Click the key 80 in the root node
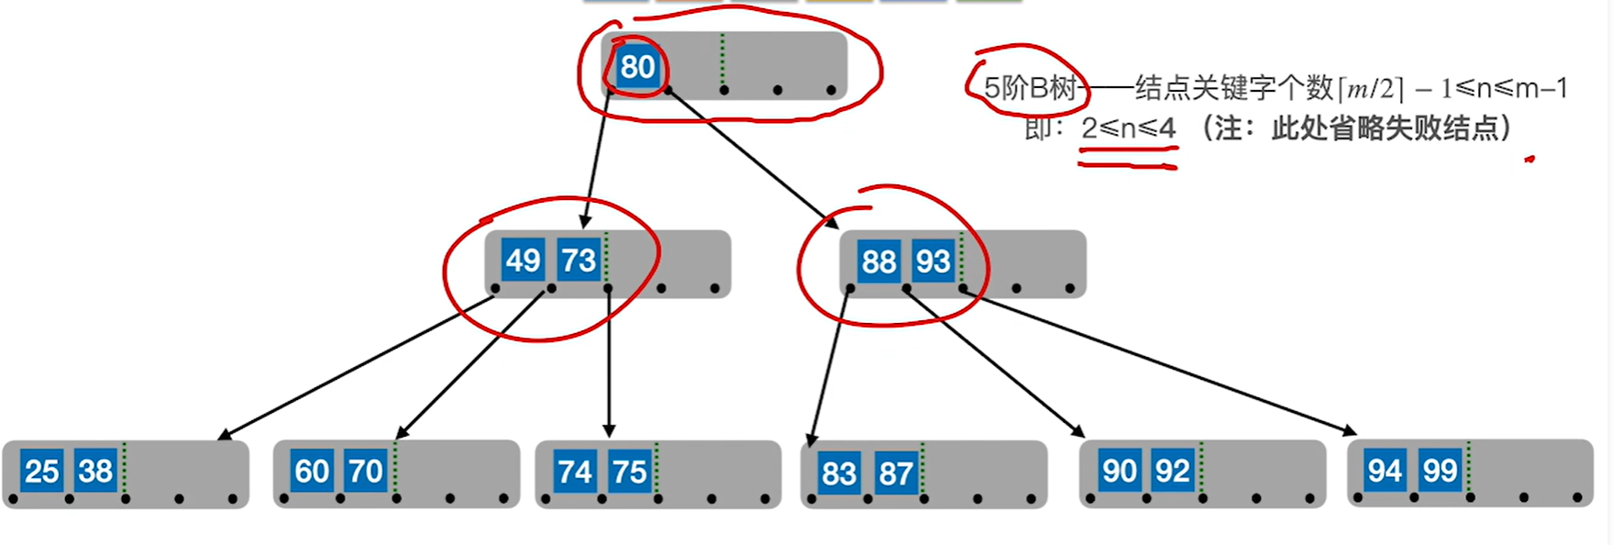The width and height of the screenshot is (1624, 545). point(637,67)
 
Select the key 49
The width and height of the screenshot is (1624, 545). point(523,261)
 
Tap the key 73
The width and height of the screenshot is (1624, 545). point(579,261)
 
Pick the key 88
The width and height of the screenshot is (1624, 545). point(878,261)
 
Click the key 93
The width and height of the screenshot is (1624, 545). point(933,261)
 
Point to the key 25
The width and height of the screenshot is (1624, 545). point(41,471)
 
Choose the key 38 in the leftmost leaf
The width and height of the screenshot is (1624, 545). point(95,471)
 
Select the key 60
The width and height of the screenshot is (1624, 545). point(312,471)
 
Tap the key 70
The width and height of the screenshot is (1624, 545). point(366,471)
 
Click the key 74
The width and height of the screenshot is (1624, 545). point(574,472)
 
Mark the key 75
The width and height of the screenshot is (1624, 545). point(629,472)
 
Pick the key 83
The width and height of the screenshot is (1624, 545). point(838,473)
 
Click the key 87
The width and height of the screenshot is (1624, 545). point(895,473)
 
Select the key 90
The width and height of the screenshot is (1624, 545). point(1119,471)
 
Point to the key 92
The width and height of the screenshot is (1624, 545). point(1172,471)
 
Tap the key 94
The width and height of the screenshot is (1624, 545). point(1385,471)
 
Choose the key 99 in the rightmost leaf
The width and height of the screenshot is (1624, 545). point(1440,471)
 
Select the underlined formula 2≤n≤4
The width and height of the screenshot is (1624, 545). point(1128,128)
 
